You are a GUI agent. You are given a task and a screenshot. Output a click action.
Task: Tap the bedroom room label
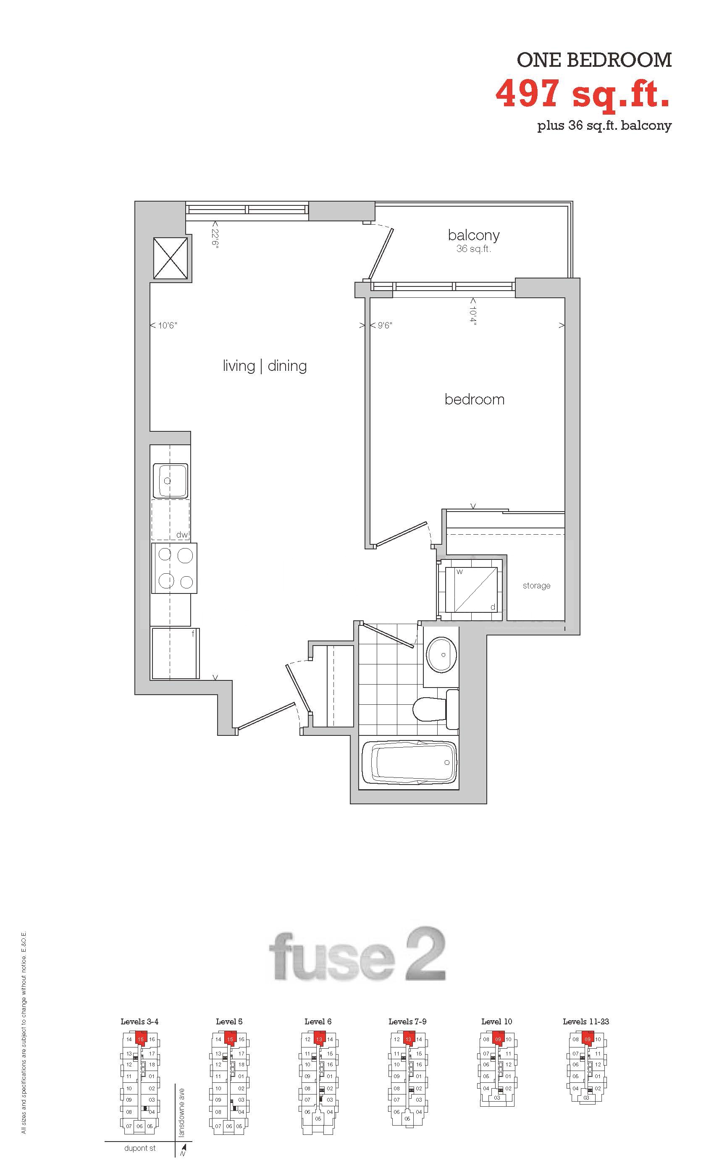click(475, 399)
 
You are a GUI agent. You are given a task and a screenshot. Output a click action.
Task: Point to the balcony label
click(473, 235)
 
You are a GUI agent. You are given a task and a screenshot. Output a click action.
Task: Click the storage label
click(536, 585)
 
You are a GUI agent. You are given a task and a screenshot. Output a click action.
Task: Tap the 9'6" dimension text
click(385, 325)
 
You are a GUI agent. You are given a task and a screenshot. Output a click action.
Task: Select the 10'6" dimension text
click(168, 325)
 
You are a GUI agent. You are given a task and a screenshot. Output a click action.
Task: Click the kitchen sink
click(171, 480)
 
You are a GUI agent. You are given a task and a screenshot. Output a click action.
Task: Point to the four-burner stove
click(174, 568)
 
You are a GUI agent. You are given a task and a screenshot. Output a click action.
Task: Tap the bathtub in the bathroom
click(409, 762)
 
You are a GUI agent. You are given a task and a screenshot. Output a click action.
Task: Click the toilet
click(435, 709)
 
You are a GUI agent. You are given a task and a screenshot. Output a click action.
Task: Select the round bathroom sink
click(442, 654)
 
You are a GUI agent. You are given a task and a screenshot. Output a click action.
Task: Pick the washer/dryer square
click(471, 590)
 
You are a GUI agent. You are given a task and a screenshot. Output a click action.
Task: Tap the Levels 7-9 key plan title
click(407, 1022)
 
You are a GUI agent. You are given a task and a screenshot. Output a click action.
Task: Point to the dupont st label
click(140, 1148)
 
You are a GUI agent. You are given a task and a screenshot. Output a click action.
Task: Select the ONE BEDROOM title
click(594, 60)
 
